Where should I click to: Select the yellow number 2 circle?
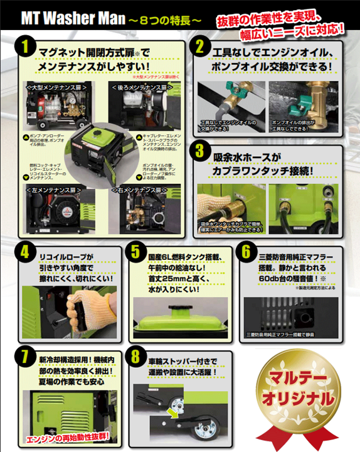point(200,48)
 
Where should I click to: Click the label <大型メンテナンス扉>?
point(51,83)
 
